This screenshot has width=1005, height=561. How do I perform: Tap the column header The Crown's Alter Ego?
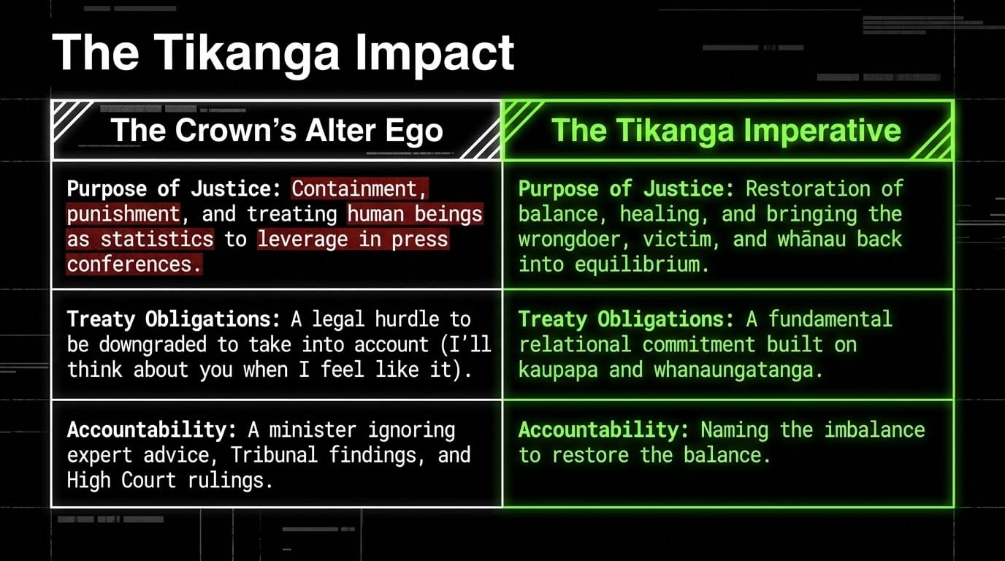point(277,131)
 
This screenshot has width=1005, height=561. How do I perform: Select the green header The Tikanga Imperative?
point(726,131)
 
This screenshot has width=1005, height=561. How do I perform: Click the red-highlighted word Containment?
point(359,188)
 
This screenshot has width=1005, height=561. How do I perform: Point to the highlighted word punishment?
point(123,214)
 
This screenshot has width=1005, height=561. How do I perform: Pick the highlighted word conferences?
point(134,264)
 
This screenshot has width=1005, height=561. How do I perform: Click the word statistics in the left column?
point(157,239)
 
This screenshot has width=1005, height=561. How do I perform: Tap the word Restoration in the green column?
point(808,188)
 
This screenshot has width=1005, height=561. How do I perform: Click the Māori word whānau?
point(811,239)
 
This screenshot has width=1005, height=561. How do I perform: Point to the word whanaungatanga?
point(738,370)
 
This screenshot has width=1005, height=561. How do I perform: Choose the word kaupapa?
point(558,370)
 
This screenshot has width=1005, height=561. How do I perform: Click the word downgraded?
point(153,345)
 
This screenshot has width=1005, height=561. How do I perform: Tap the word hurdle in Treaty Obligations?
point(408,319)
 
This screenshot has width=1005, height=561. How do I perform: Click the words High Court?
point(121,481)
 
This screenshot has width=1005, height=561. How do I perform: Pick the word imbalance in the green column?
point(875,430)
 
